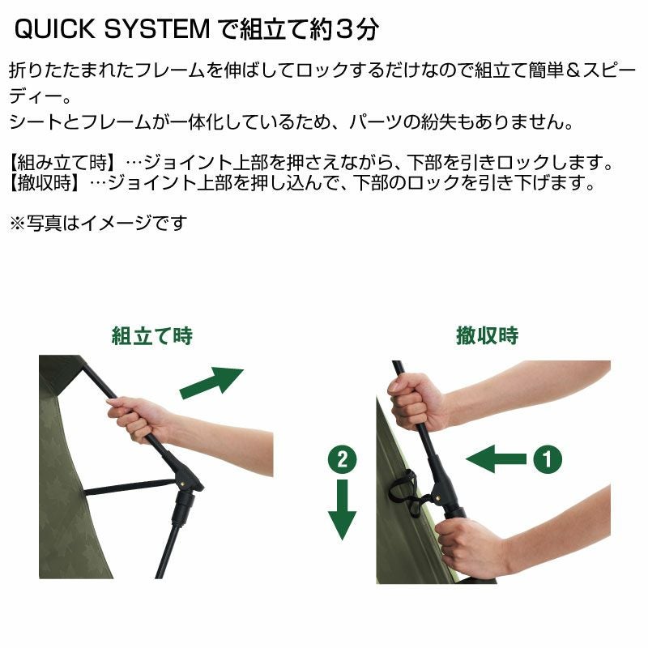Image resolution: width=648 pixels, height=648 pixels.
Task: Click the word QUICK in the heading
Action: tap(55, 29)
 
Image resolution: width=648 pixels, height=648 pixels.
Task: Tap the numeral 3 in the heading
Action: tap(344, 30)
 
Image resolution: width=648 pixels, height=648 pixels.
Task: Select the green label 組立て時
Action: tap(152, 335)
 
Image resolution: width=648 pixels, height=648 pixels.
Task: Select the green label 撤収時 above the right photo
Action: tap(488, 335)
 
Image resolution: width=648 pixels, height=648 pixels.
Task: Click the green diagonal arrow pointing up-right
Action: tap(212, 382)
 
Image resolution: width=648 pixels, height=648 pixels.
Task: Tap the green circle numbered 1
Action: tap(548, 458)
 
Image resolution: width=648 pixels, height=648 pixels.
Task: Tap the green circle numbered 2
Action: tap(342, 459)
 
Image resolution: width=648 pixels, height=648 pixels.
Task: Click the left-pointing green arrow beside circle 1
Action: tap(496, 459)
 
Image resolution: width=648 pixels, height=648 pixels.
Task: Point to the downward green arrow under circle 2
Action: tap(342, 509)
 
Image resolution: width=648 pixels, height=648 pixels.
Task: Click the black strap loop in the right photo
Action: tap(405, 492)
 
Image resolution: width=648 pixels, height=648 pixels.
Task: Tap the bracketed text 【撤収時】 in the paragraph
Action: tap(45, 182)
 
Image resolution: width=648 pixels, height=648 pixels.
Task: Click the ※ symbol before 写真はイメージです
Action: tap(18, 224)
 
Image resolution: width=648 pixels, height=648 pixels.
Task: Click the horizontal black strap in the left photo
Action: tap(129, 487)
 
